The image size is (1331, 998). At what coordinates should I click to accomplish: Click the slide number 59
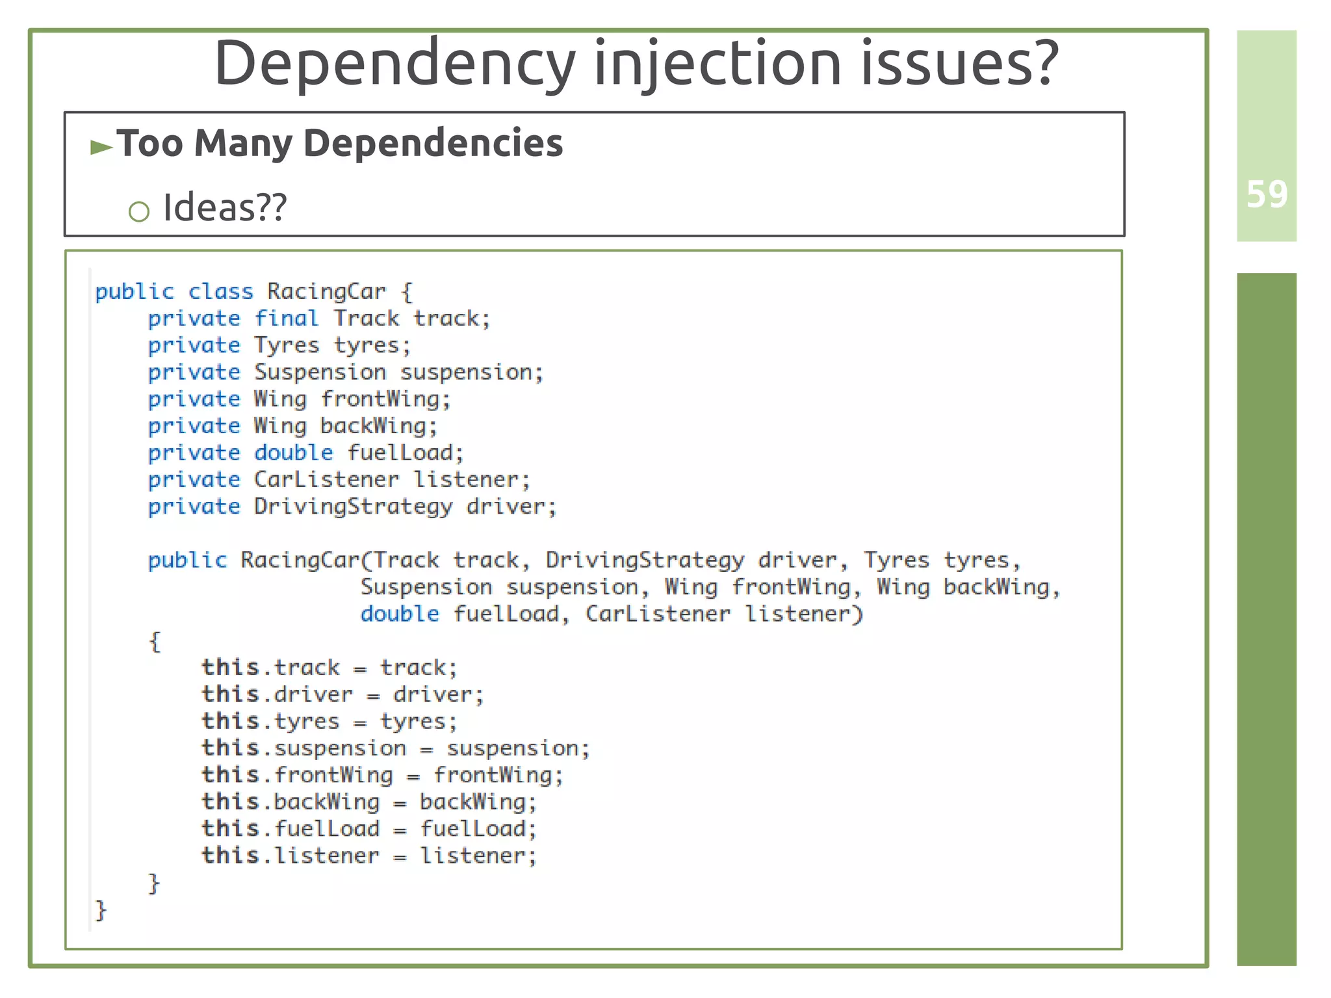pos(1267,194)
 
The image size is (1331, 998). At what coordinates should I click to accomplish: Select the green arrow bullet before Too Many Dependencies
pos(101,147)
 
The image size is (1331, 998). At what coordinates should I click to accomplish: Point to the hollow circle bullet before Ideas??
pos(139,211)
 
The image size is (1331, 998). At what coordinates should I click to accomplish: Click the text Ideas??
pos(224,208)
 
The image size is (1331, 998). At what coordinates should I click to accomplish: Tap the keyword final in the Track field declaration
pos(286,319)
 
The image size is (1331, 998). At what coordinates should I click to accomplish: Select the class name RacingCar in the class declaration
pos(326,291)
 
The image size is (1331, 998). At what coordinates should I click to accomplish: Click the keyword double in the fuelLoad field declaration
pos(293,453)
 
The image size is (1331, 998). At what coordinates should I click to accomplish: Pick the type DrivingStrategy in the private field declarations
pos(353,506)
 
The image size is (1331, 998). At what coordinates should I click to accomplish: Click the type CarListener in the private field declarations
pos(326,480)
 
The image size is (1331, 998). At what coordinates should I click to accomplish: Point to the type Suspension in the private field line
pos(320,373)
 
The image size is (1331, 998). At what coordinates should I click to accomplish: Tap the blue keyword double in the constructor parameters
pos(400,614)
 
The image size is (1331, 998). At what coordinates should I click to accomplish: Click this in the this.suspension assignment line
pos(230,748)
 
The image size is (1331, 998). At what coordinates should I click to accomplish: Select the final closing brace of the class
pos(101,910)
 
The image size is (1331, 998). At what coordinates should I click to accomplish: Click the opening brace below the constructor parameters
pos(155,642)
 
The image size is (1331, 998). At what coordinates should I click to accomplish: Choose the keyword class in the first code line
pos(220,291)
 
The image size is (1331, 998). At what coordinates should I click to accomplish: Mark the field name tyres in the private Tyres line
pos(372,345)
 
